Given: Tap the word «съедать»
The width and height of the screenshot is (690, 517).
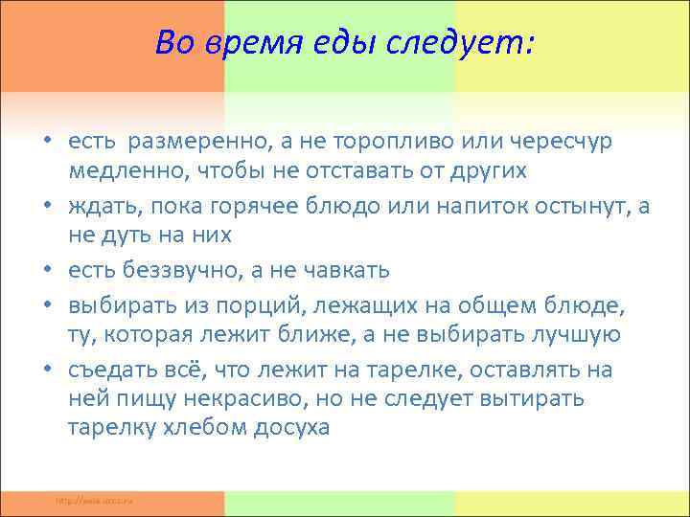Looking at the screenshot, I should point(110,370).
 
